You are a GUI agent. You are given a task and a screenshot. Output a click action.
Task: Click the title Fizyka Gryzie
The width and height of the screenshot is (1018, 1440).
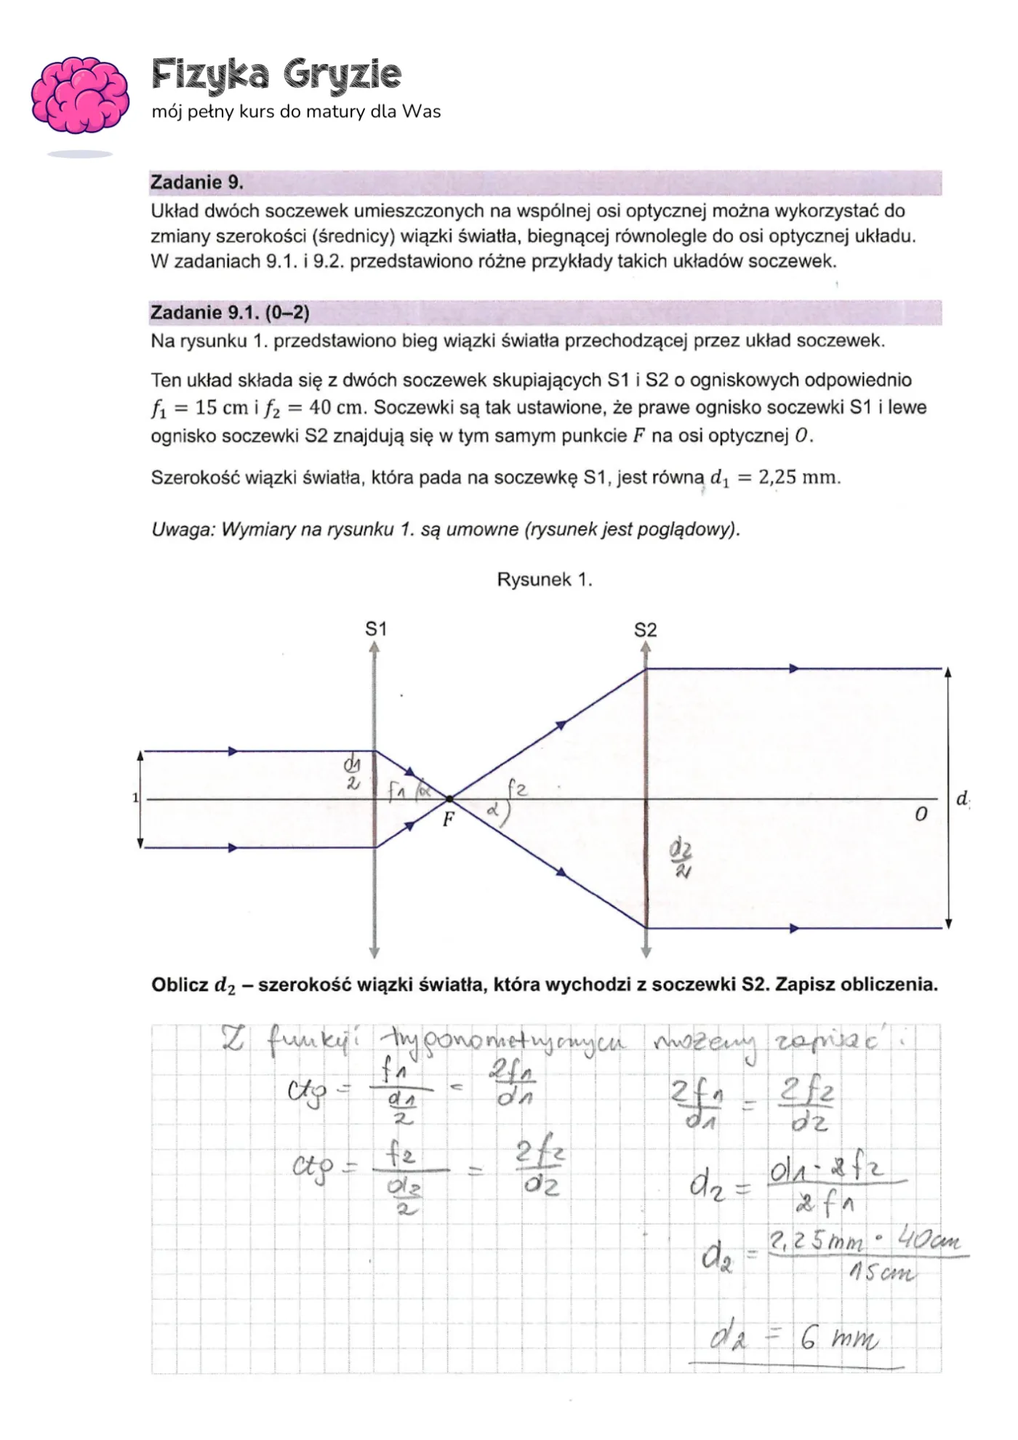(276, 75)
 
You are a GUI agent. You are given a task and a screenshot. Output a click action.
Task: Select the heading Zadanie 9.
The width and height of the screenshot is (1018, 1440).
(196, 183)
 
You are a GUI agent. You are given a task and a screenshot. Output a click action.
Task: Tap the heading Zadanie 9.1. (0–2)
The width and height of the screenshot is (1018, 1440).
(229, 313)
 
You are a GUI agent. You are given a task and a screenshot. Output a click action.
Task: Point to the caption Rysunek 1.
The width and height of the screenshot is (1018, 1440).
(544, 580)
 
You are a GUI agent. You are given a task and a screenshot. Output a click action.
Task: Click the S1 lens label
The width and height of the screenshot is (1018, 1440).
(375, 629)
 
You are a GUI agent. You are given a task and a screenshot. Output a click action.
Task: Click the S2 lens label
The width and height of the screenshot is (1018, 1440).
(645, 630)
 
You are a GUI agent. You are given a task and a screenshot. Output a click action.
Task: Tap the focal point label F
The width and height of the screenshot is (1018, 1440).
(449, 820)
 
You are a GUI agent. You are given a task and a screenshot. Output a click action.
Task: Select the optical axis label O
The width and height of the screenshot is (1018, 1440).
(921, 815)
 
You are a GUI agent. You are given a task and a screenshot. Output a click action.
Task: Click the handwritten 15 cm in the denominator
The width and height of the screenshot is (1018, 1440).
(882, 1273)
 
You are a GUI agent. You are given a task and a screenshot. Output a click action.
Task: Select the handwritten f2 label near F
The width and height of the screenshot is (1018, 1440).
(516, 788)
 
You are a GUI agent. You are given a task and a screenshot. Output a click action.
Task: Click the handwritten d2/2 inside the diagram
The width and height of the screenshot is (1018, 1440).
(681, 860)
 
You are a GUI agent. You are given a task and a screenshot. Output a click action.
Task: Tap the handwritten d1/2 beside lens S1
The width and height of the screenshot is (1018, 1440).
(353, 772)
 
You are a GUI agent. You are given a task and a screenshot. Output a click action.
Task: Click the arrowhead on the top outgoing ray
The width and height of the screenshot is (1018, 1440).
(794, 668)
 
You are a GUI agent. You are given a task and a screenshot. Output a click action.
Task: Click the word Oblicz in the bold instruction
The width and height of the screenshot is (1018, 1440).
(180, 985)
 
